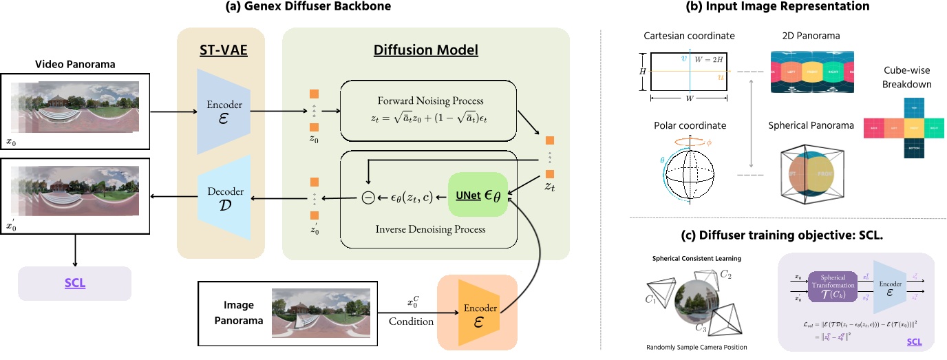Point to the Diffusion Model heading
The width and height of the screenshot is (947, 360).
pos(426,50)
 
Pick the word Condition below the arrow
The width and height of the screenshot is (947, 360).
pos(412,321)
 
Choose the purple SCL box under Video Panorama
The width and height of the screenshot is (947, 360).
pos(75,282)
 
